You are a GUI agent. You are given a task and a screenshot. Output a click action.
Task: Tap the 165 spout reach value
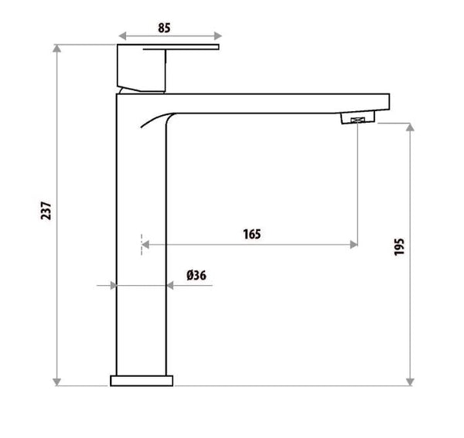coord(251,233)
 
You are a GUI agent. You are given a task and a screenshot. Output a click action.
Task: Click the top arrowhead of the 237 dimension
coord(57,49)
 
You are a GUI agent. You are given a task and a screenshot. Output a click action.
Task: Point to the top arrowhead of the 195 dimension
coord(410,126)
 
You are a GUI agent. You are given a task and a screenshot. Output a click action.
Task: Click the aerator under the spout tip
coord(357,118)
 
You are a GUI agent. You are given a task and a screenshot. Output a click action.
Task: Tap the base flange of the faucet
coord(142,380)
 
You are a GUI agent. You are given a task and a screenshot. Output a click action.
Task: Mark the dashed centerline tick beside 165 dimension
coord(142,244)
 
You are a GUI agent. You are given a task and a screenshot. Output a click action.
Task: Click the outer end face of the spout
coord(390,102)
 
